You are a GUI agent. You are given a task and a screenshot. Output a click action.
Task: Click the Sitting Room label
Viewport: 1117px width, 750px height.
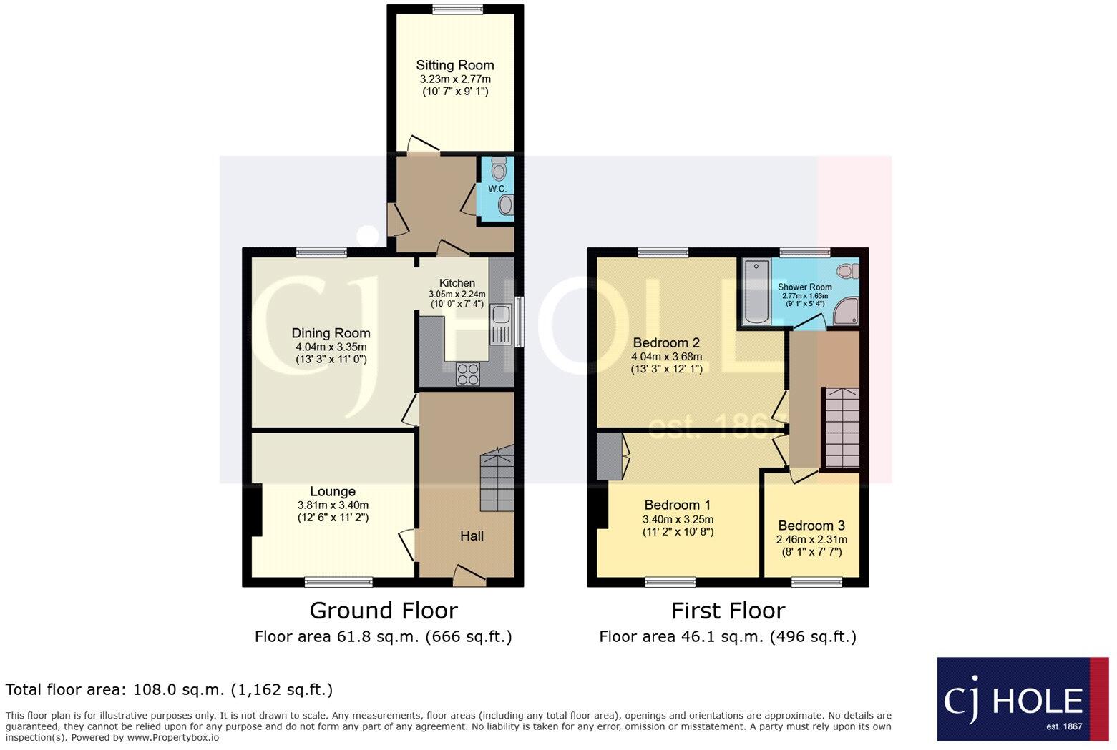[455, 65]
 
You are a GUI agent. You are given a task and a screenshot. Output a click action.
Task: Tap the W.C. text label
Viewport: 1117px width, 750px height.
[497, 189]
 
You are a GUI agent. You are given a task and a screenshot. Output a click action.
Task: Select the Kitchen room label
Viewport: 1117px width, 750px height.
[457, 283]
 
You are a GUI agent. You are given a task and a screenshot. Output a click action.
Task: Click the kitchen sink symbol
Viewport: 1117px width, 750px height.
[499, 323]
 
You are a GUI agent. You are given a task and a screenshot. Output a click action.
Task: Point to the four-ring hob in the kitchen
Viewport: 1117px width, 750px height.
[469, 373]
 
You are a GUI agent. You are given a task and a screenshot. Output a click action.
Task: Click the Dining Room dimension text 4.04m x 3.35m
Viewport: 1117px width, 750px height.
[331, 347]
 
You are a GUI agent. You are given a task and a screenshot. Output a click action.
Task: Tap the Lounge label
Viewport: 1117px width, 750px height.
[333, 492]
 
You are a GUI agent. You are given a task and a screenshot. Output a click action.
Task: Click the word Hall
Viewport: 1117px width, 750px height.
[472, 536]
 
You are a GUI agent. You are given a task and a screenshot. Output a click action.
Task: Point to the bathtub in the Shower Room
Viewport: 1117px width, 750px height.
[756, 292]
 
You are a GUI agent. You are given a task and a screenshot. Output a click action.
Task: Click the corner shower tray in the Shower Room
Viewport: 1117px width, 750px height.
[846, 312]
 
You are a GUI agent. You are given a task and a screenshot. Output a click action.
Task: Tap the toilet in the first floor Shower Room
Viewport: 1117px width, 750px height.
[847, 271]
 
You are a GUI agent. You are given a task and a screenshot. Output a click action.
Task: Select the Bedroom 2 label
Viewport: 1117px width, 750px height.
[666, 342]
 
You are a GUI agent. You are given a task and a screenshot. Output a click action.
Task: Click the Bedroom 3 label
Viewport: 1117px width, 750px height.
[811, 526]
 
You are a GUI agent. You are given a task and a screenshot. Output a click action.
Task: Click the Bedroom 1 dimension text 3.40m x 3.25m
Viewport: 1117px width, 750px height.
[678, 520]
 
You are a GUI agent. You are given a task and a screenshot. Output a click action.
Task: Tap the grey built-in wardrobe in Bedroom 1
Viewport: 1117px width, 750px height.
[610, 456]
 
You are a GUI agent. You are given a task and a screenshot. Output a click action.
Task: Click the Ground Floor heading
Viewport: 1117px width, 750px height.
[383, 611]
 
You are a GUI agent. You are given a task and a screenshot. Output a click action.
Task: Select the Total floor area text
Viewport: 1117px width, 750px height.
[169, 690]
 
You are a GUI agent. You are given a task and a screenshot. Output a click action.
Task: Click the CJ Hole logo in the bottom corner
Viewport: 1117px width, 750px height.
[1022, 699]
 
